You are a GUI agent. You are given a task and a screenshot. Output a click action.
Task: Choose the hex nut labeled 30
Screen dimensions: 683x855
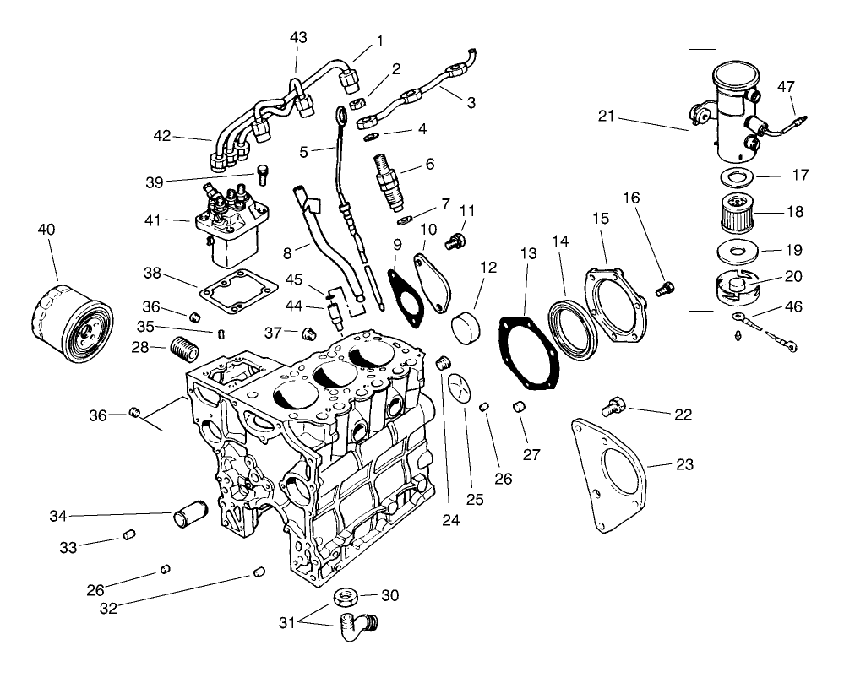pos(345,596)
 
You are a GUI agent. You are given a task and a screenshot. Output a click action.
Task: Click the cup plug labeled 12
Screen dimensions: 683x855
pos(466,324)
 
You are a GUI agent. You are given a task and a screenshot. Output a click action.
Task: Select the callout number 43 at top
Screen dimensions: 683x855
pos(298,38)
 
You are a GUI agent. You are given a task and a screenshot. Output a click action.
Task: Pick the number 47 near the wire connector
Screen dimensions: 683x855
pos(787,86)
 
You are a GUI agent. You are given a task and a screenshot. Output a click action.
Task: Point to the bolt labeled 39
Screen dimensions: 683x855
pos(261,175)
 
